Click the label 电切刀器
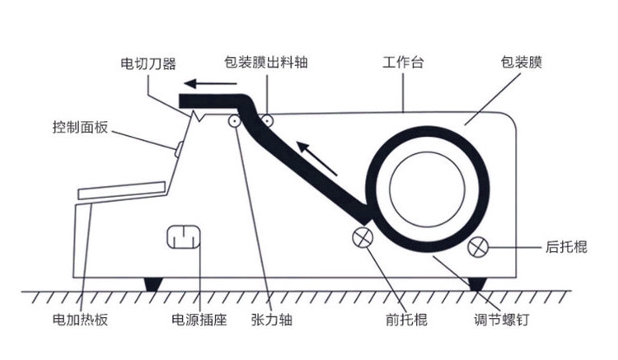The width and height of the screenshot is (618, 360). click(x=147, y=63)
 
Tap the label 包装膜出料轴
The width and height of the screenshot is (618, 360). click(x=265, y=63)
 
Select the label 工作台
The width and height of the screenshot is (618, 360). click(x=403, y=63)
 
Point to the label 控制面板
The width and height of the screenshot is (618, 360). click(x=80, y=127)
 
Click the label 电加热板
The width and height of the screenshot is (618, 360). click(x=80, y=320)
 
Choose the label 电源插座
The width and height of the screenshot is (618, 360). click(x=199, y=320)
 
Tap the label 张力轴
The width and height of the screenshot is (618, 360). click(x=272, y=320)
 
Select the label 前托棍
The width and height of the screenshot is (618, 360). click(x=406, y=320)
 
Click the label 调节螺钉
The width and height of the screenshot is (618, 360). click(x=502, y=320)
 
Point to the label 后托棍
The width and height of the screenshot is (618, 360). click(x=566, y=247)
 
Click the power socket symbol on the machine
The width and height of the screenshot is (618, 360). click(x=184, y=237)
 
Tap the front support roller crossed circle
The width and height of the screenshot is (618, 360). click(x=363, y=237)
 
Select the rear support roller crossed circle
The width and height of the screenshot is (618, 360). click(x=478, y=247)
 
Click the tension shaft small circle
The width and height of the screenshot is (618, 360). click(x=235, y=121)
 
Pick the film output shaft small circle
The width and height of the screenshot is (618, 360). click(x=268, y=120)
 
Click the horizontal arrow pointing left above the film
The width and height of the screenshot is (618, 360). click(x=210, y=83)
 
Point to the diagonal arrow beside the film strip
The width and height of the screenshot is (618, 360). click(x=317, y=158)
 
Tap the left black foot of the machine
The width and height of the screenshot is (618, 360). click(x=153, y=284)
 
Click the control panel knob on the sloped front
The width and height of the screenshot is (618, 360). click(x=179, y=150)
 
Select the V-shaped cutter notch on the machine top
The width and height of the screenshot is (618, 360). click(x=199, y=116)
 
